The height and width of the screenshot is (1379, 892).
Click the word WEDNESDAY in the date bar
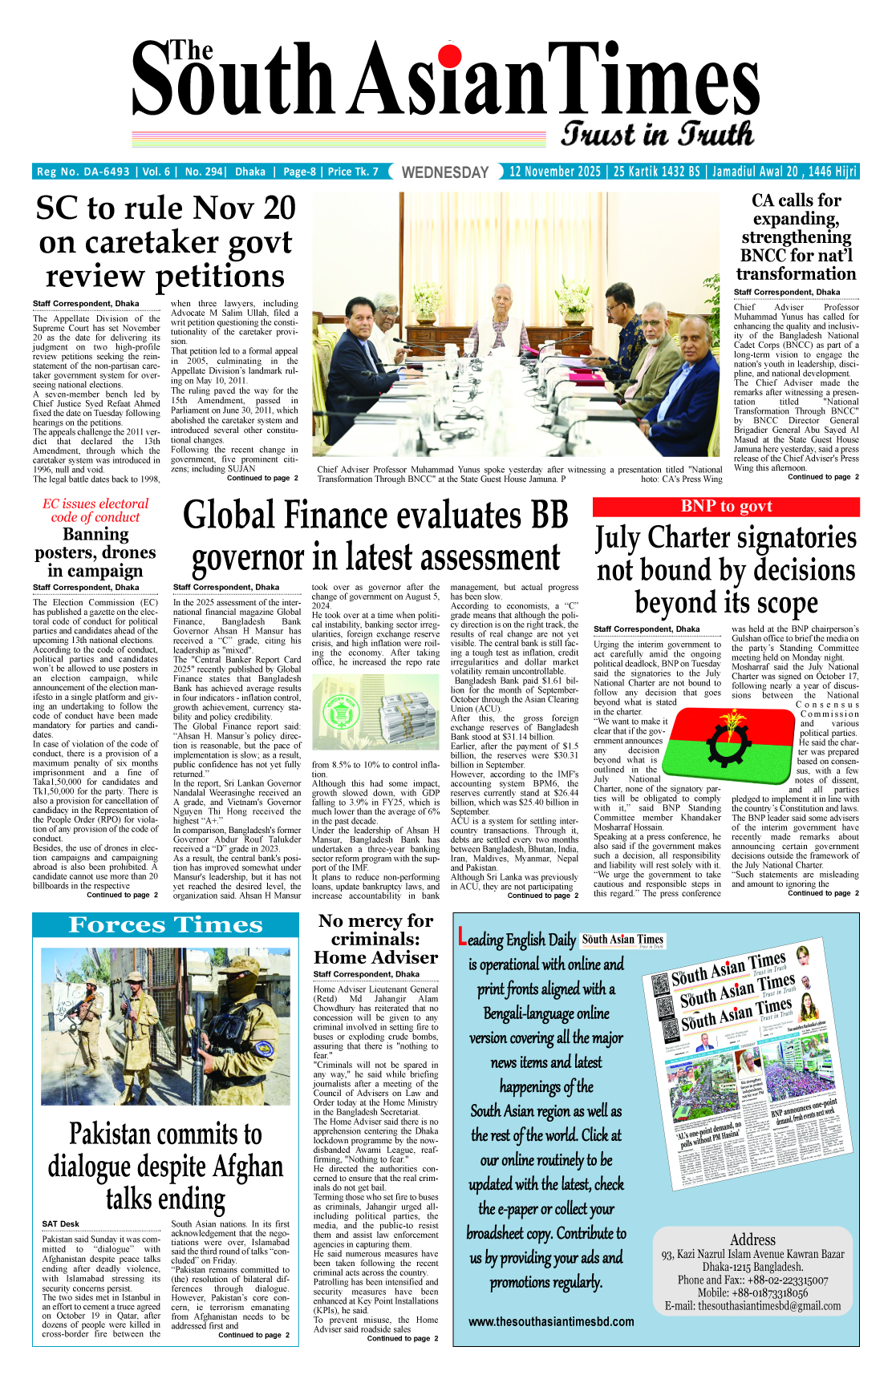click(x=444, y=172)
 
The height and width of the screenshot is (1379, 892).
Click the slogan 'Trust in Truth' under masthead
click(x=657, y=134)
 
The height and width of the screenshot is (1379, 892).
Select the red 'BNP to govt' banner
click(x=726, y=507)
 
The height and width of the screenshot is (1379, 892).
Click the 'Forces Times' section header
click(x=165, y=925)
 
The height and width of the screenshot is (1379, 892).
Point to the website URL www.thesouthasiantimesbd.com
click(x=551, y=1321)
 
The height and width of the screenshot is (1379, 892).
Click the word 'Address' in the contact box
click(x=752, y=1239)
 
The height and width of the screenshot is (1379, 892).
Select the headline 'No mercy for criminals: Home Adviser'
click(x=375, y=939)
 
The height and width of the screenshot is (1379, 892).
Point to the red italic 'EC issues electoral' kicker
click(x=95, y=503)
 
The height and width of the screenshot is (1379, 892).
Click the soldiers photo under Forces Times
click(x=165, y=1025)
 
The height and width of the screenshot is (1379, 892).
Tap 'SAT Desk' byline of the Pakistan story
click(x=61, y=1223)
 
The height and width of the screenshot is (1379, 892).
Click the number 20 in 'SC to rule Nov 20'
click(x=268, y=208)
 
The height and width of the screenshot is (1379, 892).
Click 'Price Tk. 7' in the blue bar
click(x=353, y=172)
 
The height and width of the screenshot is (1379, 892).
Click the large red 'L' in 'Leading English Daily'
click(x=461, y=936)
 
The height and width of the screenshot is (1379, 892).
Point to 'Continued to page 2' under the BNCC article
click(x=823, y=477)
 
